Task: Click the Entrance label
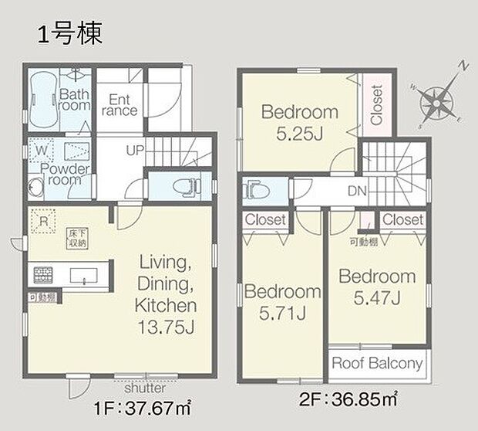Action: tap(119, 105)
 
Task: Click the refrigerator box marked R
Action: tap(42, 221)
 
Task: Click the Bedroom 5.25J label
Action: tap(300, 120)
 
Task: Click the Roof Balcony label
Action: tap(377, 364)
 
